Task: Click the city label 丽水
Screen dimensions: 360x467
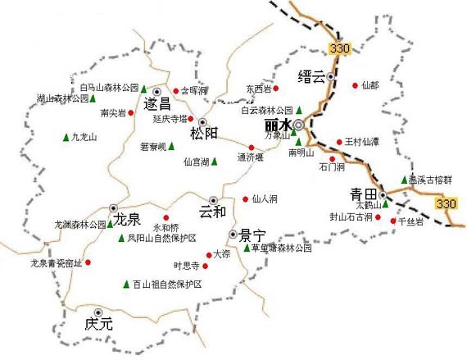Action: click(x=279, y=125)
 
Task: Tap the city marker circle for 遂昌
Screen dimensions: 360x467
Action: click(x=157, y=90)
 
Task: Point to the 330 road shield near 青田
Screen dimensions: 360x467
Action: click(x=446, y=203)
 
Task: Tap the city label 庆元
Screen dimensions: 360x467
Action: click(x=98, y=324)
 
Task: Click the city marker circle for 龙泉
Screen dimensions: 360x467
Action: click(x=114, y=207)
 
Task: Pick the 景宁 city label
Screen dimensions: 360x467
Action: click(x=249, y=235)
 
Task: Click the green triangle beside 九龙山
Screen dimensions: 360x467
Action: click(x=66, y=137)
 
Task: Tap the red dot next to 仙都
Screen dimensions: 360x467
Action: click(x=355, y=84)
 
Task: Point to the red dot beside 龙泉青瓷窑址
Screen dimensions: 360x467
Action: click(x=88, y=262)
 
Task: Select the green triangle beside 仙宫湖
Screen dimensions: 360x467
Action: click(x=215, y=162)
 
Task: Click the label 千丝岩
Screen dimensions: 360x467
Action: click(x=410, y=221)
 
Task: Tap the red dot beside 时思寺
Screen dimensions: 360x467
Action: click(x=206, y=266)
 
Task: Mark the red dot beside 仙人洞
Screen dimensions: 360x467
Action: click(x=246, y=198)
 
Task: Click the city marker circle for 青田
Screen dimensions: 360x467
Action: click(x=382, y=194)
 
